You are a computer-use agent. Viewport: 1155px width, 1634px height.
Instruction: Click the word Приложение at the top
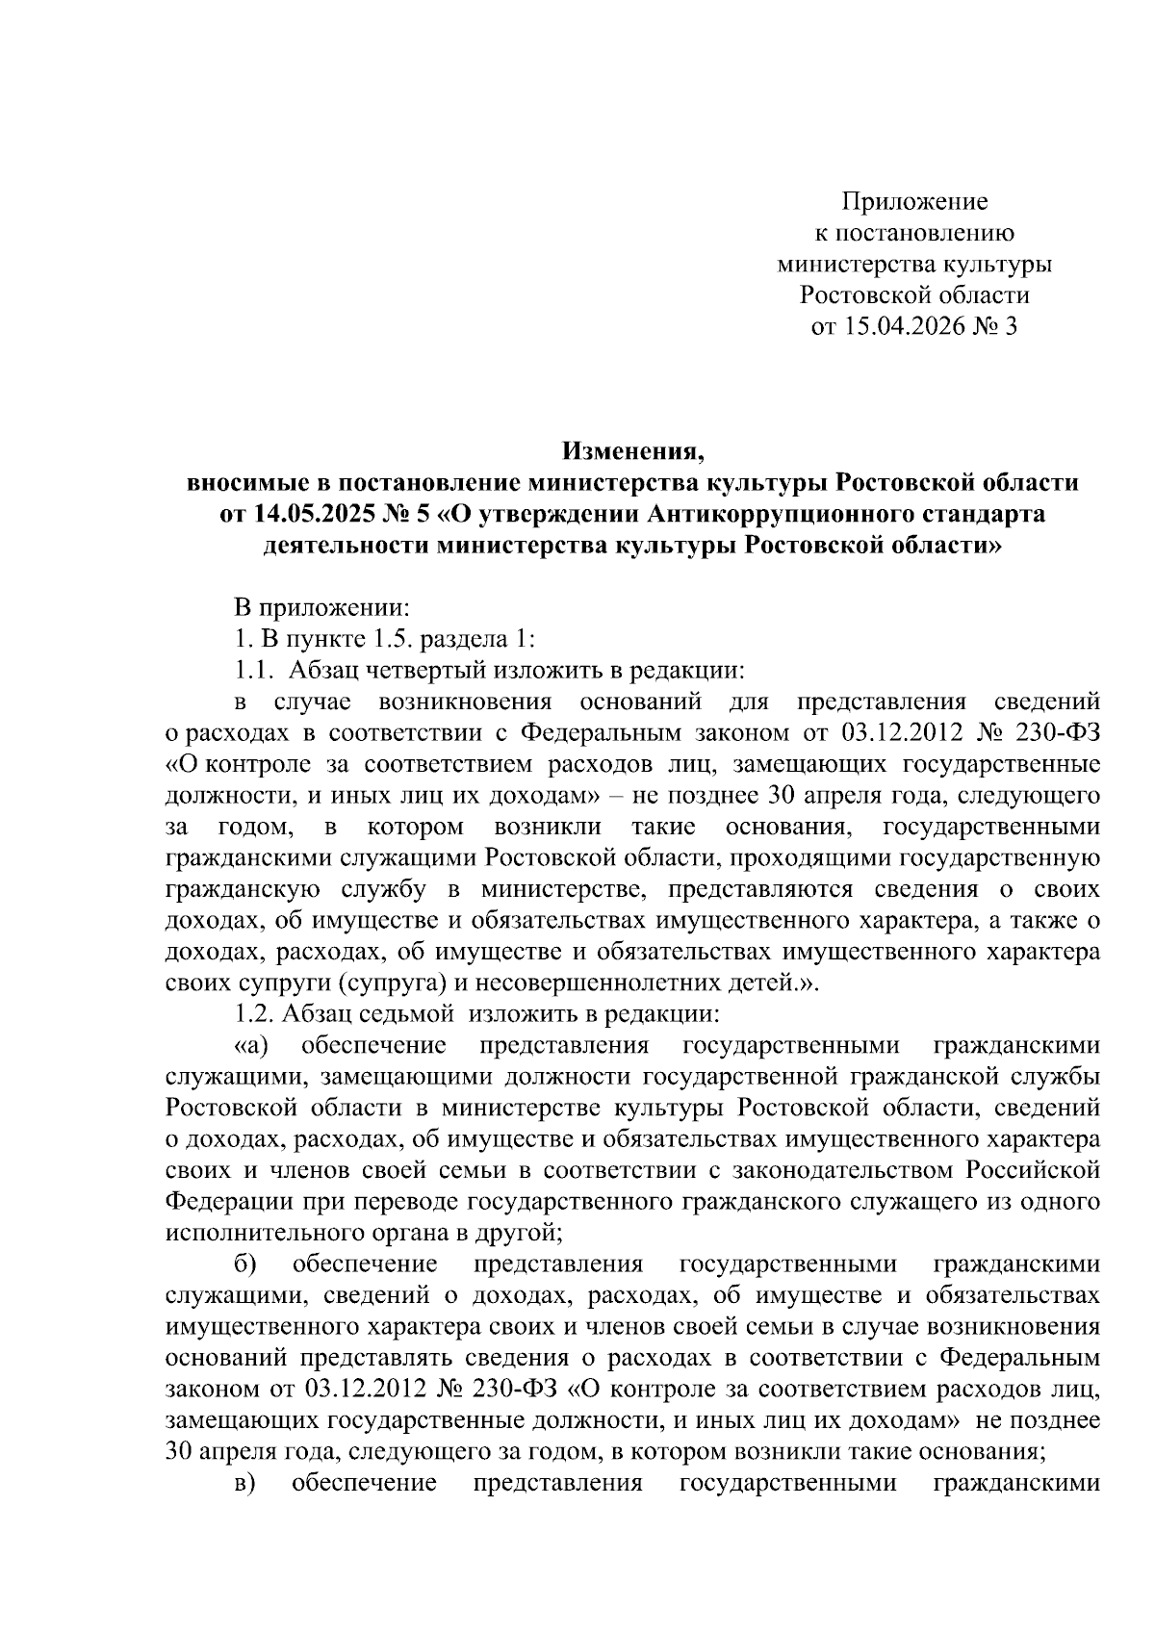pyautogui.click(x=914, y=203)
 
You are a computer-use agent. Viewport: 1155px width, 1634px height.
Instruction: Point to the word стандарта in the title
pyautogui.click(x=987, y=514)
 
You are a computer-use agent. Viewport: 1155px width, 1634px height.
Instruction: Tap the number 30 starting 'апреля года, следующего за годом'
pyautogui.click(x=180, y=1451)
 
